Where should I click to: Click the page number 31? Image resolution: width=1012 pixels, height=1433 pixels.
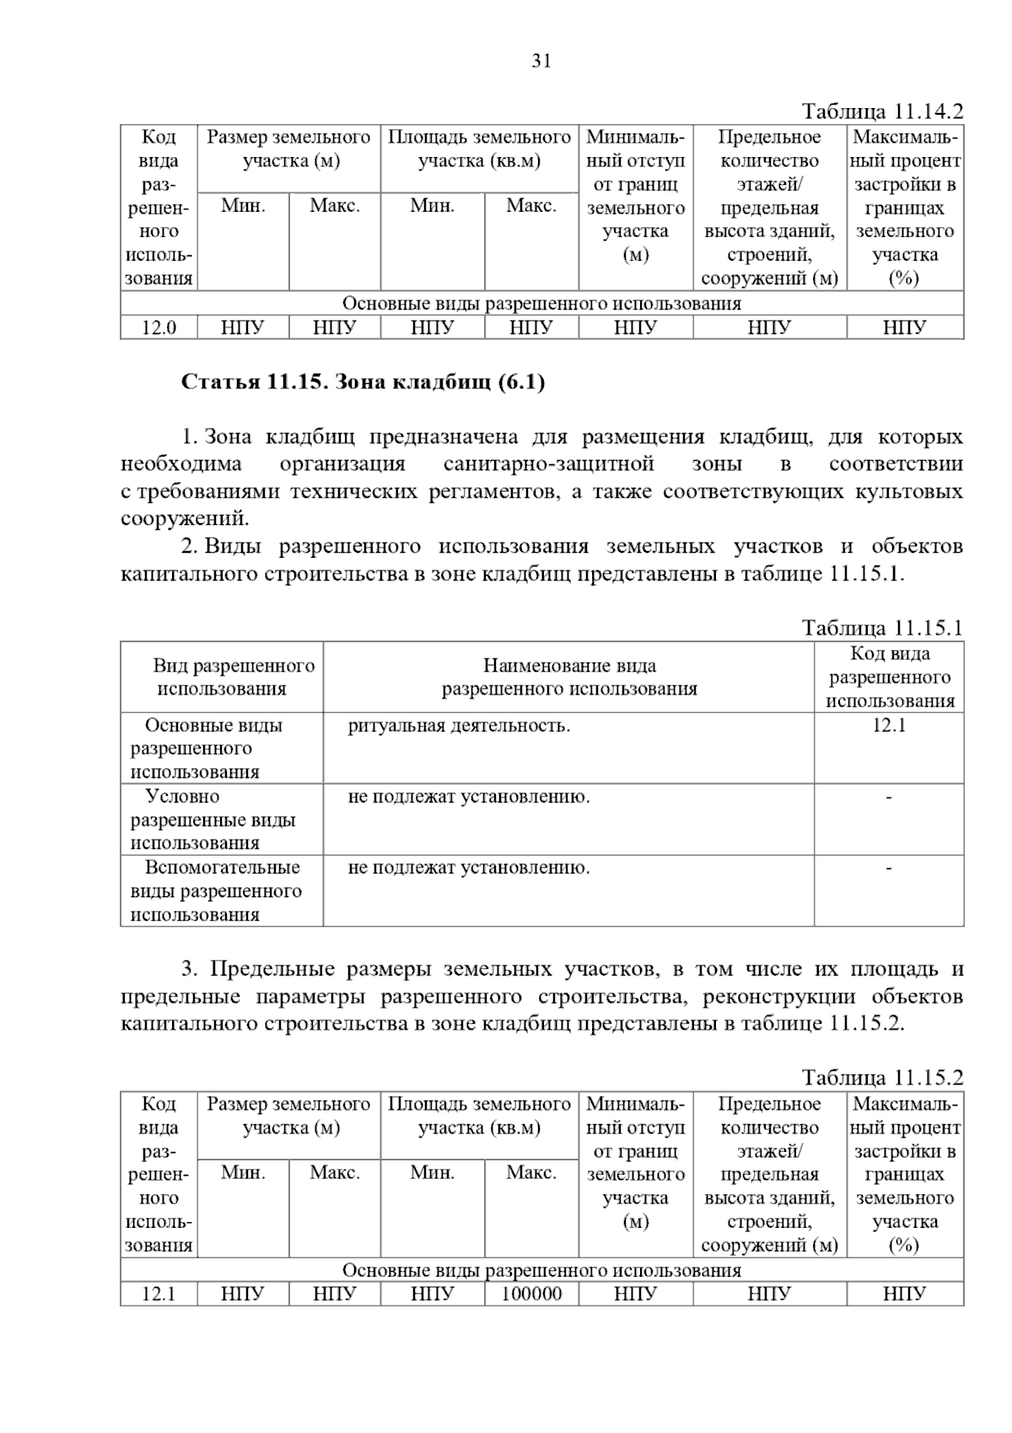(x=541, y=61)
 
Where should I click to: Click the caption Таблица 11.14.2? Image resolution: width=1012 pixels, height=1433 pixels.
(x=881, y=111)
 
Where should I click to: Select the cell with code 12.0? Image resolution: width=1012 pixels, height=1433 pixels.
(x=159, y=327)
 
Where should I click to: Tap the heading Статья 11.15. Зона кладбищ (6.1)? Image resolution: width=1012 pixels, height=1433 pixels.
(x=363, y=382)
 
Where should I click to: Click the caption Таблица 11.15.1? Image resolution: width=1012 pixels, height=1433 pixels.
(x=881, y=628)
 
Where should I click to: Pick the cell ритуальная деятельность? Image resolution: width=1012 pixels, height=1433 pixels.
(x=459, y=726)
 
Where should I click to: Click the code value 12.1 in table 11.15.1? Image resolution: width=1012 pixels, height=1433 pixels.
(x=889, y=726)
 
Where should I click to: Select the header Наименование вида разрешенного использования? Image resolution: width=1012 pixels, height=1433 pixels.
(x=569, y=678)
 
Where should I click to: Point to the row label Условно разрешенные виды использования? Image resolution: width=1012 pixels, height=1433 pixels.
(x=213, y=819)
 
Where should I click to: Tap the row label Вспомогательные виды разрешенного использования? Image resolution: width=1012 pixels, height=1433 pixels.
(x=216, y=891)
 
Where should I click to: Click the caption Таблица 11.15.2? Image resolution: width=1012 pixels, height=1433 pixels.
(x=881, y=1078)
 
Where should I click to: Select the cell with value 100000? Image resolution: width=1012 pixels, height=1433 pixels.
(x=531, y=1294)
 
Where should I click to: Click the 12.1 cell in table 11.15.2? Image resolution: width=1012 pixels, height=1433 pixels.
(x=159, y=1294)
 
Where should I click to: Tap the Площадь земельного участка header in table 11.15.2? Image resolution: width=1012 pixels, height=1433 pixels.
(x=479, y=1116)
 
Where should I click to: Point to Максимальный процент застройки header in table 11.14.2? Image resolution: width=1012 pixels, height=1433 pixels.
(x=905, y=207)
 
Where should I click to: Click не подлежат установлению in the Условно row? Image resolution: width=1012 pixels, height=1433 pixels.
(x=469, y=797)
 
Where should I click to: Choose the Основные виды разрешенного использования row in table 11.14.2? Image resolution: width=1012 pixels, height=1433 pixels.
(x=541, y=304)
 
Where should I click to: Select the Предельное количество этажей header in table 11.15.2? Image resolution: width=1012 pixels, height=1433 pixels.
(x=769, y=1174)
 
